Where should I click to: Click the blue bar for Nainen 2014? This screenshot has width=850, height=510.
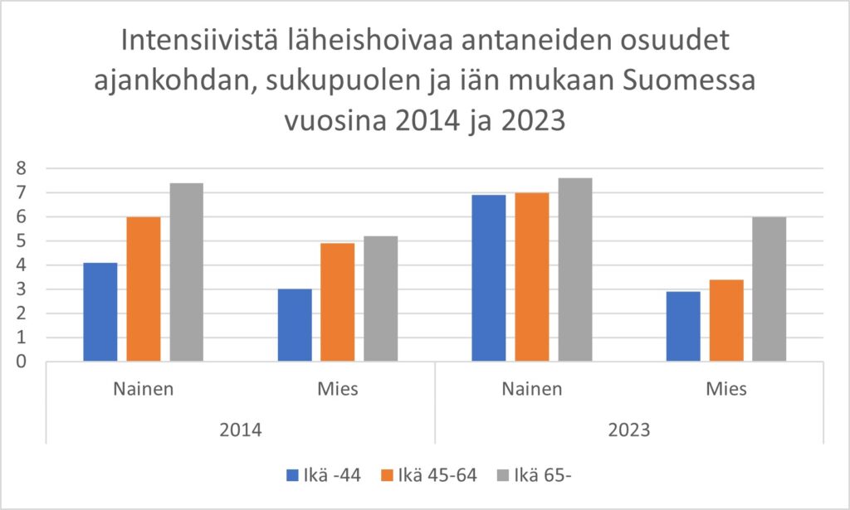tap(100, 312)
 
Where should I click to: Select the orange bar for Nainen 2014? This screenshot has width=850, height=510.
tap(144, 289)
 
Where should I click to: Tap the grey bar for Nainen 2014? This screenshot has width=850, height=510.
tap(187, 272)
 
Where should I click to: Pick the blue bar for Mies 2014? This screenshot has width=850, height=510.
tap(295, 325)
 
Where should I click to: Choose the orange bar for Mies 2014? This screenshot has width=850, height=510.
tap(338, 302)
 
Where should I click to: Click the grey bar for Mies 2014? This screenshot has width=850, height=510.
tap(381, 299)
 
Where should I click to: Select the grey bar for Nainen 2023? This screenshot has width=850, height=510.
tap(575, 270)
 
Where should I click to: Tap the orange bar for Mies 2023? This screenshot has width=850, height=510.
tap(726, 320)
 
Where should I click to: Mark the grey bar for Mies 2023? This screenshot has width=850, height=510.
tap(769, 289)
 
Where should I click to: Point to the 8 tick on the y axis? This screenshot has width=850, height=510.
tap(22, 168)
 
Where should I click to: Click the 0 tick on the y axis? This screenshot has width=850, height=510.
tap(22, 362)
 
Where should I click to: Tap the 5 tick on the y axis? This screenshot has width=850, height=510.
tap(22, 241)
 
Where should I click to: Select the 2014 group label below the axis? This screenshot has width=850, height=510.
tap(241, 430)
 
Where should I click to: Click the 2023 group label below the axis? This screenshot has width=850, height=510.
tap(629, 430)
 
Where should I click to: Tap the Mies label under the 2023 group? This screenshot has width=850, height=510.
tap(726, 389)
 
